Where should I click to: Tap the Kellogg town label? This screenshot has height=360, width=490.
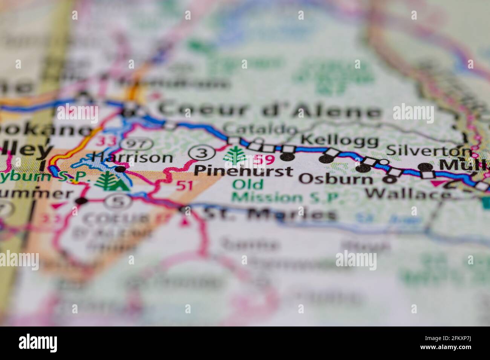click(x=340, y=141)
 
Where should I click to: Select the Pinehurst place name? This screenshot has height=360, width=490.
click(x=243, y=171)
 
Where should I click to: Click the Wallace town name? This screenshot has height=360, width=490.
click(x=409, y=194)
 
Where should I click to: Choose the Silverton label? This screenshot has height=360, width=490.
click(x=429, y=150)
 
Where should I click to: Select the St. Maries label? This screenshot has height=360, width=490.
click(x=269, y=214)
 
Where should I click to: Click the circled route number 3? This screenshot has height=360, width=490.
click(x=202, y=153)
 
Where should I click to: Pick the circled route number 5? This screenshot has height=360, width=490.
click(x=118, y=202)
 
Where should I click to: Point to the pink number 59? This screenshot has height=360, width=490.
click(x=264, y=160)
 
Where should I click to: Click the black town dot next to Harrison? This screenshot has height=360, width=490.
click(x=120, y=169)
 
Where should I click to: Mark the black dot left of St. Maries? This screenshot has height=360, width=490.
click(x=185, y=210)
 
